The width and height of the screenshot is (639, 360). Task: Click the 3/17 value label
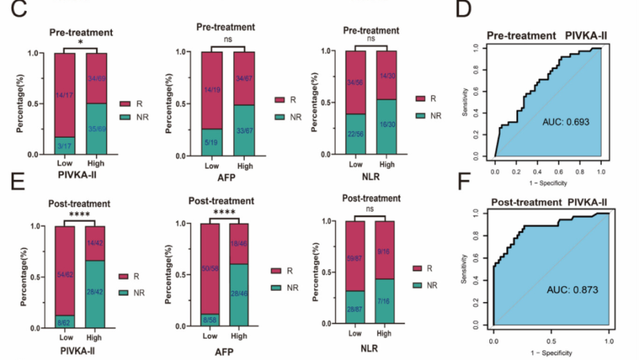click(x=65, y=145)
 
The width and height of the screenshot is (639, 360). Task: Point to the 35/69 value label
click(x=97, y=128)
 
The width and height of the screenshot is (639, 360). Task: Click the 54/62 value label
click(x=65, y=274)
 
